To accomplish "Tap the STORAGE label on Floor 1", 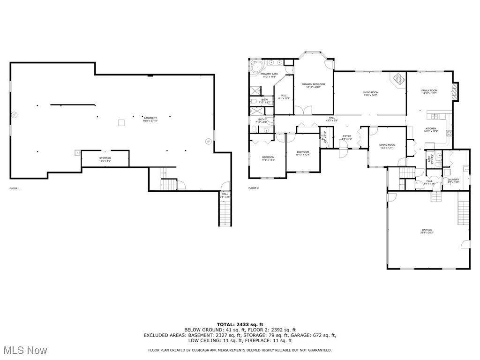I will click(x=105, y=158).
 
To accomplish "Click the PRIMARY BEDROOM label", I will click(x=313, y=84).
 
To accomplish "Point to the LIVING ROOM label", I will click(x=370, y=92).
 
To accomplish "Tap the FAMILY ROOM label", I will click(x=429, y=90).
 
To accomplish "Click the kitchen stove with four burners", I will click(x=449, y=133).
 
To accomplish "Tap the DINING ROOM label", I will click(x=387, y=145).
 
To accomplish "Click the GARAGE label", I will click(x=426, y=230).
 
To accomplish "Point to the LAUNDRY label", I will click(x=453, y=180).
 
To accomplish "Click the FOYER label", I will click(x=346, y=136).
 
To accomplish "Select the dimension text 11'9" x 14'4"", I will click(x=268, y=160).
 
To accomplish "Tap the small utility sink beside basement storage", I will click(x=77, y=153).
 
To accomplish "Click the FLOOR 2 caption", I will click(x=253, y=188).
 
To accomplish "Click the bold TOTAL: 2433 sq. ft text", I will click(x=240, y=324).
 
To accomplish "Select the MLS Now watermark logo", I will click(x=24, y=350).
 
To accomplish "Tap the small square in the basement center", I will click(x=121, y=123).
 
